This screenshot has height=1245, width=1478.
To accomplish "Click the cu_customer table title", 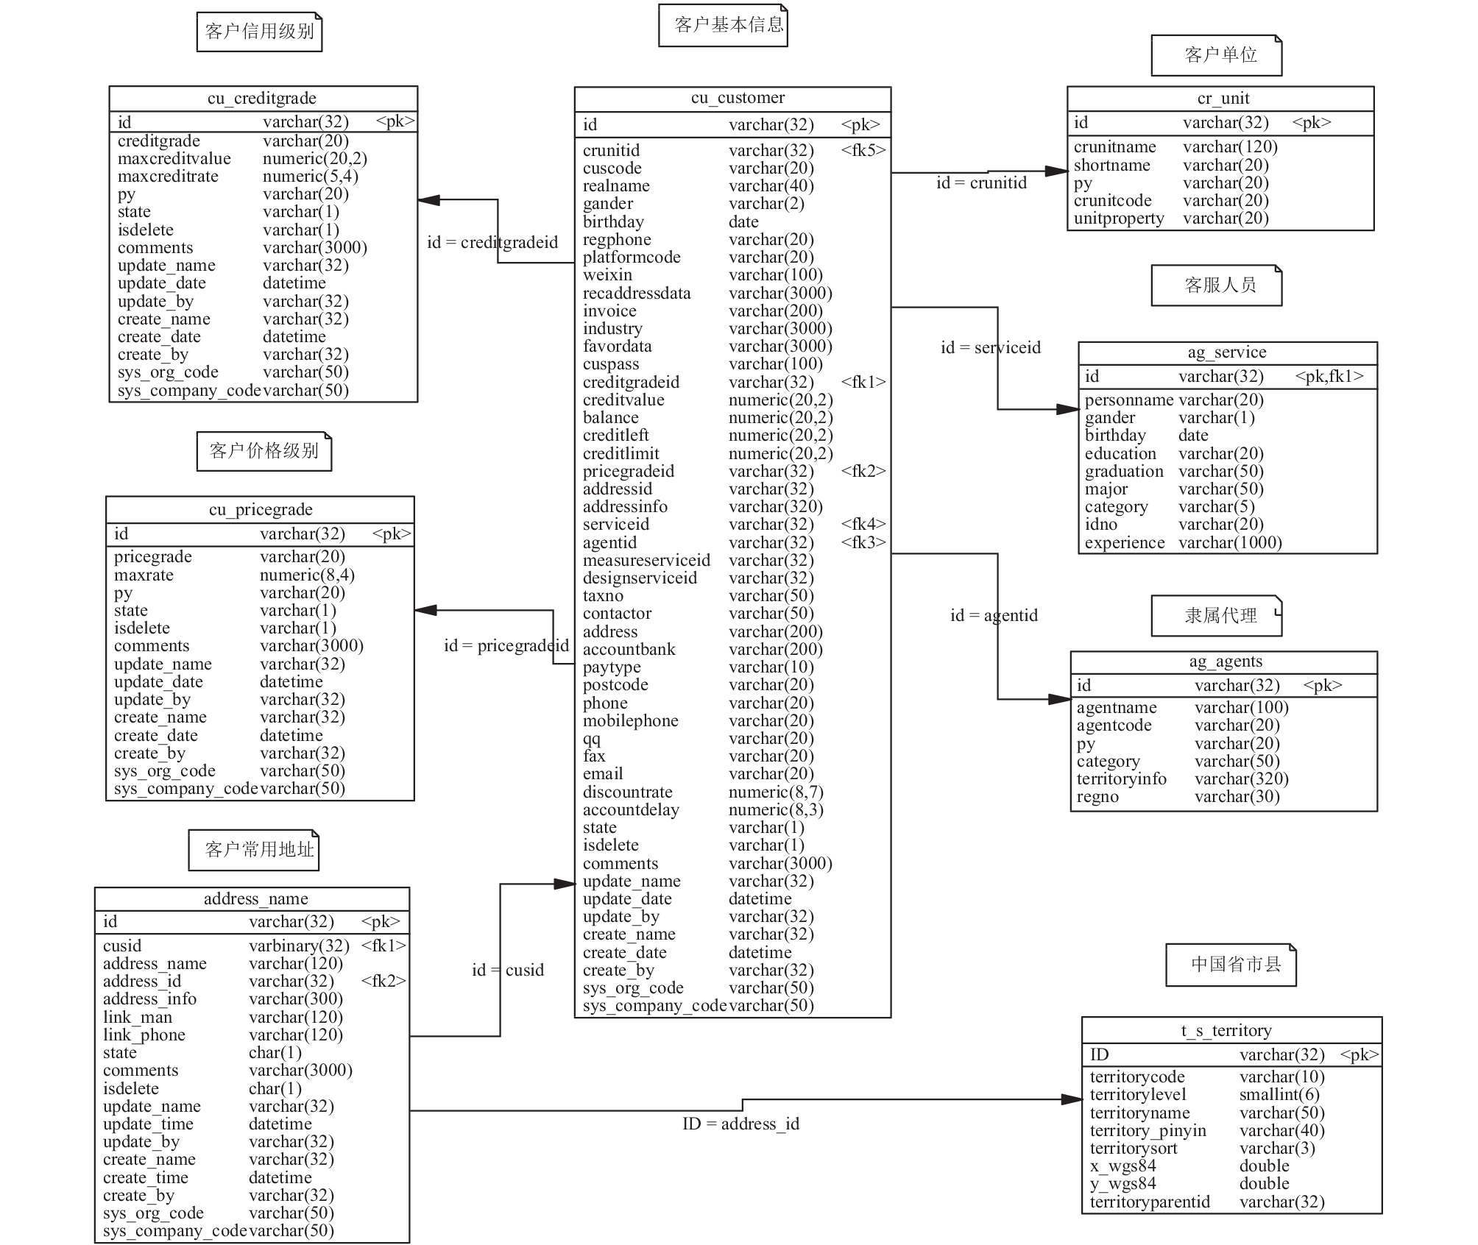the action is pos(738,98).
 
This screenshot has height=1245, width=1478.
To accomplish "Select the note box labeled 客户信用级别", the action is pos(260,32).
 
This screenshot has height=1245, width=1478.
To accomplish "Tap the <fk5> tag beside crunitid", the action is pos(863,150).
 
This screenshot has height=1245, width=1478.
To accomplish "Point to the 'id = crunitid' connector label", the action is pos(981,182).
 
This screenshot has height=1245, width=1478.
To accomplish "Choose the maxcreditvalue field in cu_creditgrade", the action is pos(174,158).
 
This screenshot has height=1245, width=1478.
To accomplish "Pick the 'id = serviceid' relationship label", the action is pos(991,347).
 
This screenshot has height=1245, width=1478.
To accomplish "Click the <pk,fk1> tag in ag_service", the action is pos(1329,377).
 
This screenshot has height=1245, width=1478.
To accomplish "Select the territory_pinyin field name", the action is pos(1148,1130).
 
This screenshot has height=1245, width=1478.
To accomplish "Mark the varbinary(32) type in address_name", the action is pos(299,946).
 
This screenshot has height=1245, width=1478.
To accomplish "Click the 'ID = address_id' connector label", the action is pos(740,1124).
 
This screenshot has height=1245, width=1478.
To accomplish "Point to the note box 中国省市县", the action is pos(1231,965).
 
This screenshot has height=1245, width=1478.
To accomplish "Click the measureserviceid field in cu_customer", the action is pos(646,560).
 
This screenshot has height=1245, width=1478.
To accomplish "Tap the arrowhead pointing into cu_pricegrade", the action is pos(425,610).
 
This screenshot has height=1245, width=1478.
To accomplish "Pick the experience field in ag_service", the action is pos(1125,542).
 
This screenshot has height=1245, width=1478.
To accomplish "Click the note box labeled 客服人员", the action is pos(1217,285).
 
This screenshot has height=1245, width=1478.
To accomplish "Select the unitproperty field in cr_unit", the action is pos(1119,218).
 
